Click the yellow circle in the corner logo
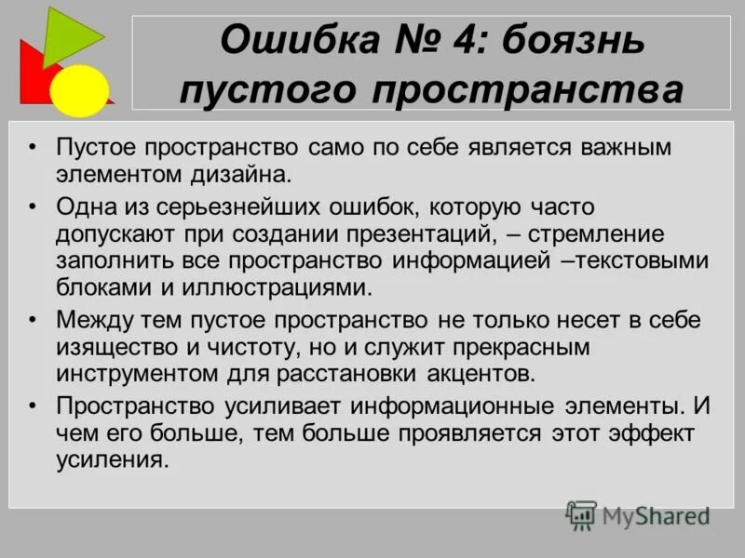tap(79, 89)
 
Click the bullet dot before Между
tap(34, 320)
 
